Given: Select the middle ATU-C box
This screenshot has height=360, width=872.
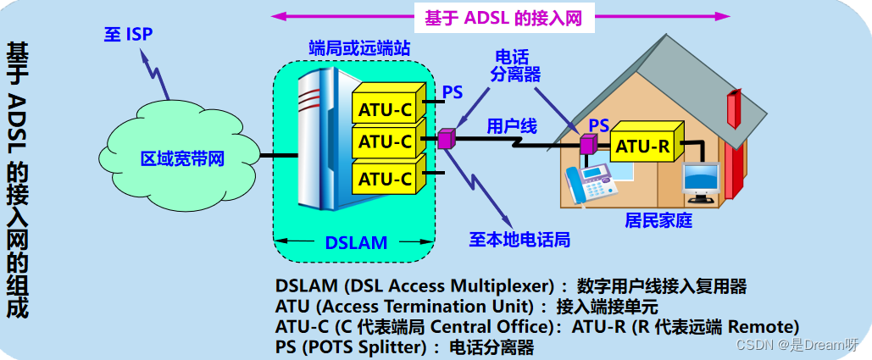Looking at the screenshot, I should click(385, 141).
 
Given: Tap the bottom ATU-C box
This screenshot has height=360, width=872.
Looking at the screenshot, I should click(385, 179).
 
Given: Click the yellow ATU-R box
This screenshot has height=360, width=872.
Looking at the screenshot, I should click(642, 147).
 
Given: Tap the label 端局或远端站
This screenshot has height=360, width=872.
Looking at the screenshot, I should click(359, 49).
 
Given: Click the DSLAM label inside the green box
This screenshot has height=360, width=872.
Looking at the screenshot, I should click(355, 243).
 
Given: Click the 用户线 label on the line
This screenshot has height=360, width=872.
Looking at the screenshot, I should click(511, 126).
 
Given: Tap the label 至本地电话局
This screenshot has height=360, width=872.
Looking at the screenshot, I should click(519, 240).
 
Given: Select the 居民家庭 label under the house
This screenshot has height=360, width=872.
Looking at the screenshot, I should click(658, 221).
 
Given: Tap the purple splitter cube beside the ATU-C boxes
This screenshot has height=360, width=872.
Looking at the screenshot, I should click(447, 137).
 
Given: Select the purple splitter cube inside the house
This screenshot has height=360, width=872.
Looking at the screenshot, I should click(587, 144).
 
